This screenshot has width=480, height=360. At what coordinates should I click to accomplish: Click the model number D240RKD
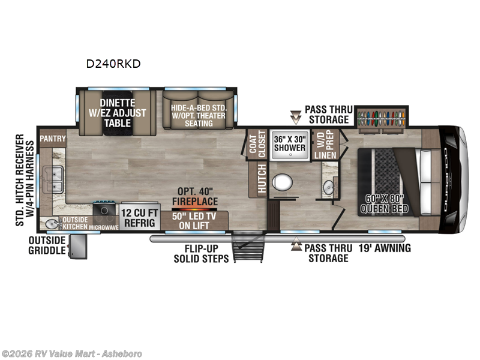pyautogui.click(x=113, y=64)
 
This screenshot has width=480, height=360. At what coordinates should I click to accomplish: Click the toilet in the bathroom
pyautogui.click(x=281, y=181)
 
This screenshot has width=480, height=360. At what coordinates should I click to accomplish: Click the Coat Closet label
pyautogui.click(x=257, y=144)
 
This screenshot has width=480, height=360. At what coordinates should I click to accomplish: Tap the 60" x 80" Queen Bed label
pyautogui.click(x=384, y=204)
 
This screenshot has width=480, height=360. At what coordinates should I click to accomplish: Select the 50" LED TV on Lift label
pyautogui.click(x=193, y=221)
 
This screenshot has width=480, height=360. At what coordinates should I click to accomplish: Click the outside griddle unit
pyautogui.click(x=77, y=247)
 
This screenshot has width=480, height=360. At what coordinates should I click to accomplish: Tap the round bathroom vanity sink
pyautogui.click(x=329, y=187)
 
